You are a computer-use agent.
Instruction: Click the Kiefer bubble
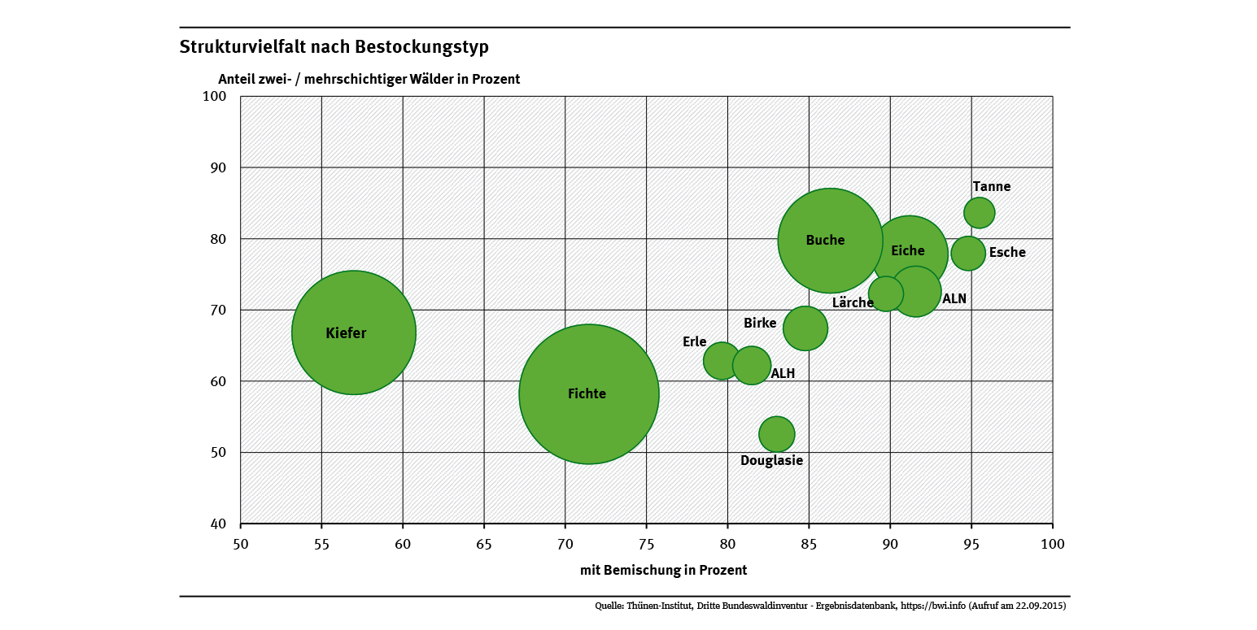(x=353, y=332)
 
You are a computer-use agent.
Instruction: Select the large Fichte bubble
(x=588, y=394)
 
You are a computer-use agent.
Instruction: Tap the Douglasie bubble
(x=776, y=433)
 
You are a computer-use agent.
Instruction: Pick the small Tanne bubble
(x=979, y=212)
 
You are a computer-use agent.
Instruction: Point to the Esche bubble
(x=968, y=252)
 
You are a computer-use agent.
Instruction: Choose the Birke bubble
(x=805, y=328)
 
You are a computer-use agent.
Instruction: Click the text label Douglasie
(x=771, y=461)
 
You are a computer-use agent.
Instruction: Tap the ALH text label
(x=783, y=374)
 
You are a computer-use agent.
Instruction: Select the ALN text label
(x=954, y=299)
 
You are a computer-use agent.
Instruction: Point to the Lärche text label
(x=852, y=303)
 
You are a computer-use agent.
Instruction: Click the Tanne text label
(x=991, y=187)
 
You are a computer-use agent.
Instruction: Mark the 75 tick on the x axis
(x=646, y=542)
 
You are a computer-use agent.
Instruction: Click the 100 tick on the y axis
(x=213, y=97)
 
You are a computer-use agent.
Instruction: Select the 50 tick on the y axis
(x=217, y=453)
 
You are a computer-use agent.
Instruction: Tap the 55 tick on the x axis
(x=321, y=542)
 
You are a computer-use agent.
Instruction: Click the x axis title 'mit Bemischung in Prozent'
(x=663, y=571)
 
